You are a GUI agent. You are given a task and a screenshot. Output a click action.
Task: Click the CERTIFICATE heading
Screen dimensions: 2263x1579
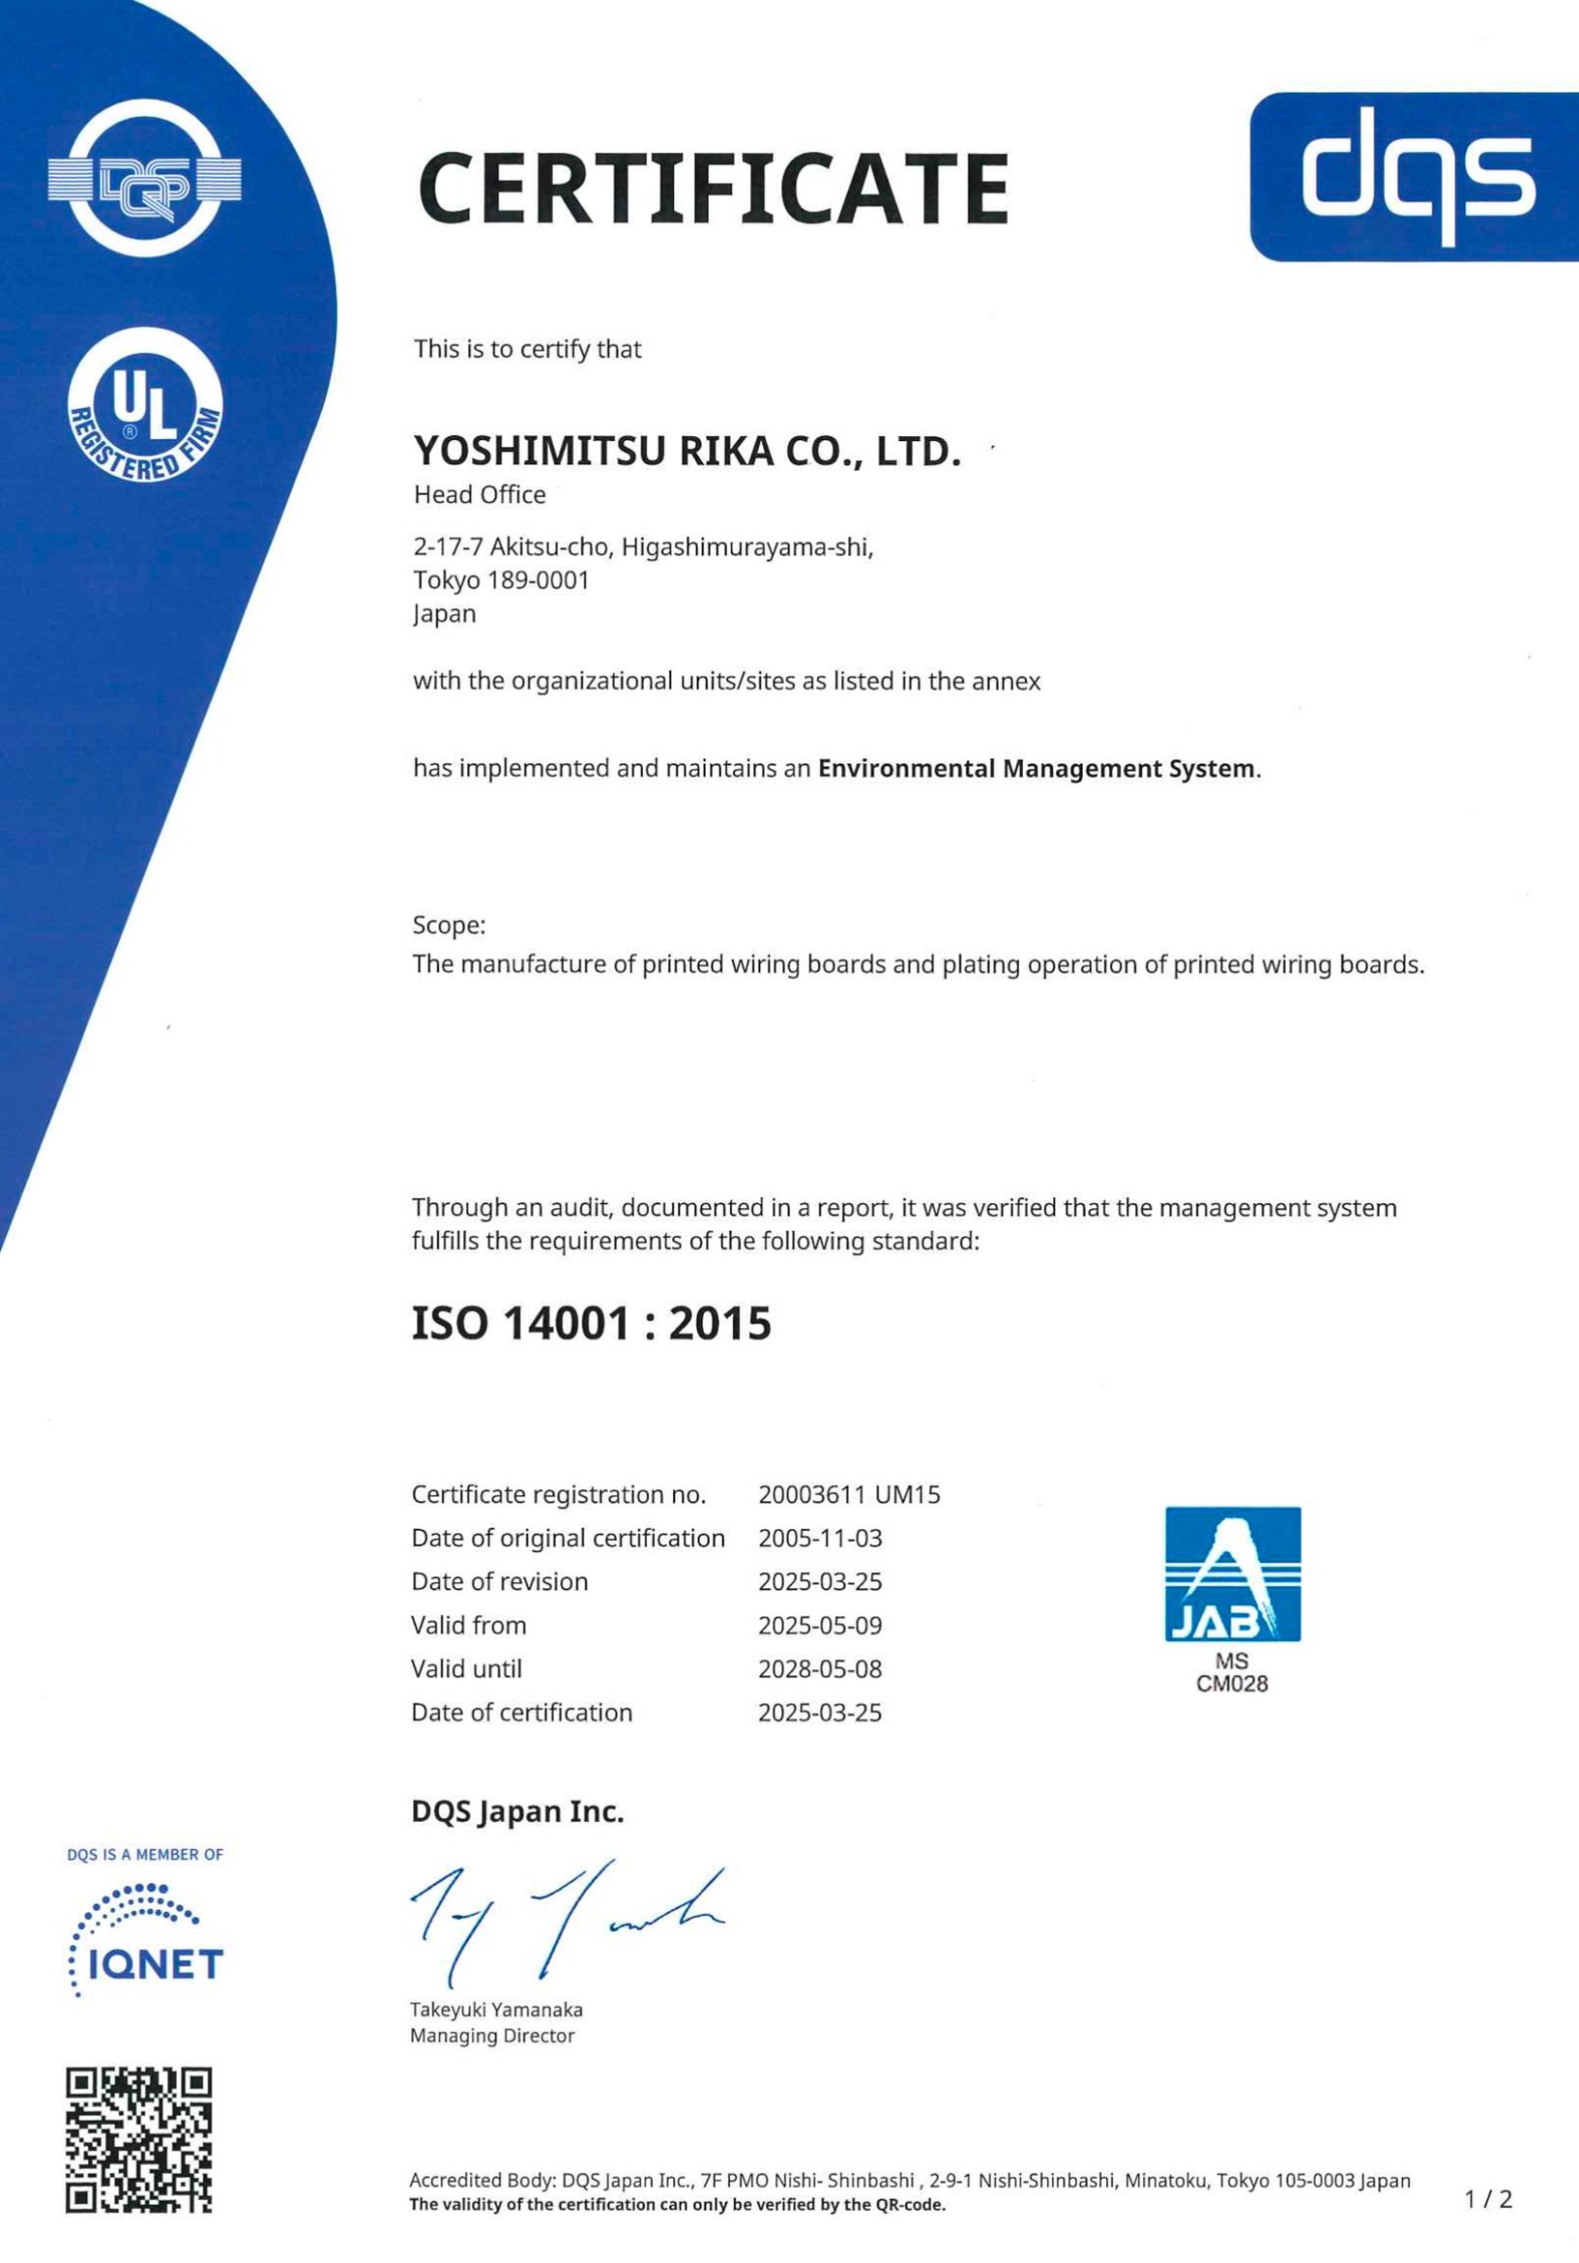coord(713,188)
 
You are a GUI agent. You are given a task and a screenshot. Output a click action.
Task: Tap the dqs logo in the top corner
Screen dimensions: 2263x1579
coord(1416,176)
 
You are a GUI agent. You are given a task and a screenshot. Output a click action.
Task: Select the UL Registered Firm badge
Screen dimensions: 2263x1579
coord(145,405)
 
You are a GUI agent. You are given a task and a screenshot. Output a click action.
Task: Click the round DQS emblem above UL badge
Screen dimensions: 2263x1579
coord(145,178)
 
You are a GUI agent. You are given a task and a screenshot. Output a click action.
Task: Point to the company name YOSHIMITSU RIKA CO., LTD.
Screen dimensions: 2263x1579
coord(687,452)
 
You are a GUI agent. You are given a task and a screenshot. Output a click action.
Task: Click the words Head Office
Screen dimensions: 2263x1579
coord(479,495)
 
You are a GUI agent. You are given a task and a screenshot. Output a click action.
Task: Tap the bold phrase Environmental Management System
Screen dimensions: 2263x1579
coord(1036,769)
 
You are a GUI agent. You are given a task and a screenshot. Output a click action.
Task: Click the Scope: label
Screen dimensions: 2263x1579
coord(449,926)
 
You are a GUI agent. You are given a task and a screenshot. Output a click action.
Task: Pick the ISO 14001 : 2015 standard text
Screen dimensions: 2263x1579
coord(591,1323)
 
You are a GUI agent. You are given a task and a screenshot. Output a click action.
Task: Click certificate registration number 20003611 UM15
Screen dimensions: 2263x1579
coord(849,1495)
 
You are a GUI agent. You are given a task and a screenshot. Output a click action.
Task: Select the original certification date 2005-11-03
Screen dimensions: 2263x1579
coord(820,1539)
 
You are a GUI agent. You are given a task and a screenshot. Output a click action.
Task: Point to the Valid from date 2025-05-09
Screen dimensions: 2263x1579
coord(820,1626)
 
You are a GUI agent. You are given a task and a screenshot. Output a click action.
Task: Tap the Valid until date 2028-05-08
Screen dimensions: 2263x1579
coord(820,1668)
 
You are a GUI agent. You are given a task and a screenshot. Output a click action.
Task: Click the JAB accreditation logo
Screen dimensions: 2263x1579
coord(1232,1574)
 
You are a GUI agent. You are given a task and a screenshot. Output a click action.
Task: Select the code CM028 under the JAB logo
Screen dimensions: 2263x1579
coord(1232,1684)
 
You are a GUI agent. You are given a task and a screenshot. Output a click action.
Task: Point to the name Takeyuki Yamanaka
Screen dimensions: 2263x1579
coord(497,2010)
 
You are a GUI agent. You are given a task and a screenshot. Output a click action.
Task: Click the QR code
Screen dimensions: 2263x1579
coord(139,2140)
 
